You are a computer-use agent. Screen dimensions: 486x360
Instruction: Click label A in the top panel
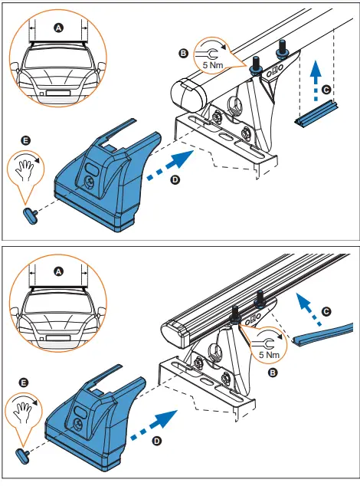(59, 26)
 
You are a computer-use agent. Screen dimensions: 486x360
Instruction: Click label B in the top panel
(182, 53)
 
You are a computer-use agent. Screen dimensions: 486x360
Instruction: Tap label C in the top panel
(327, 90)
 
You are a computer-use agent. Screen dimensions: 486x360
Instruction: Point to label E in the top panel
(25, 141)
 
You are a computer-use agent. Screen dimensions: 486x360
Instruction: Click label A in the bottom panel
(59, 270)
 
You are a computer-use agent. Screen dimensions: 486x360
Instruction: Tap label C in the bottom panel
(327, 311)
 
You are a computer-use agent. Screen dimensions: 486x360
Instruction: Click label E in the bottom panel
(25, 381)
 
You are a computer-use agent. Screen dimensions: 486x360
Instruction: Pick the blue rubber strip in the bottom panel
(322, 333)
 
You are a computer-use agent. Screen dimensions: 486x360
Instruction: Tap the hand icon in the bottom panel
(27, 407)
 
